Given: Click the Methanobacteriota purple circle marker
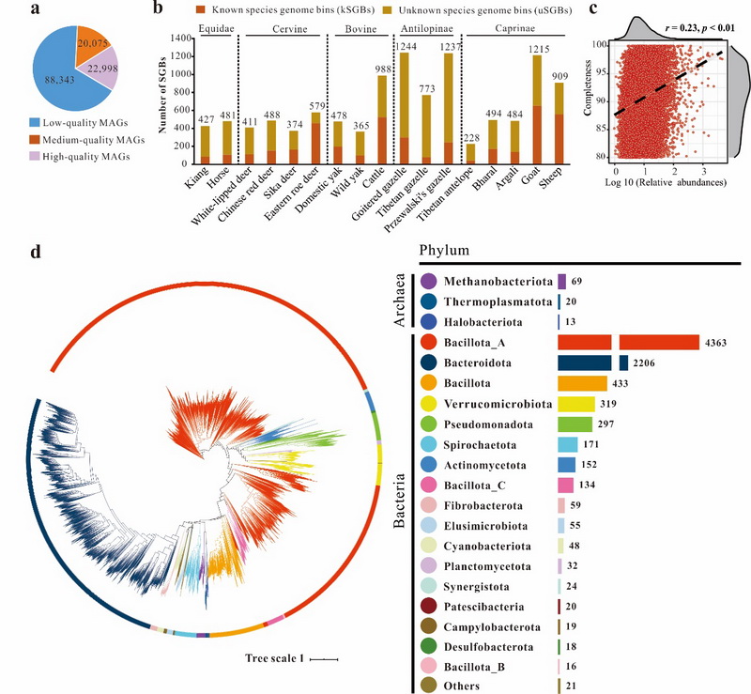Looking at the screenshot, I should click(429, 281).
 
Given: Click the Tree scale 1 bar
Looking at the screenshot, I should click(324, 659).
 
